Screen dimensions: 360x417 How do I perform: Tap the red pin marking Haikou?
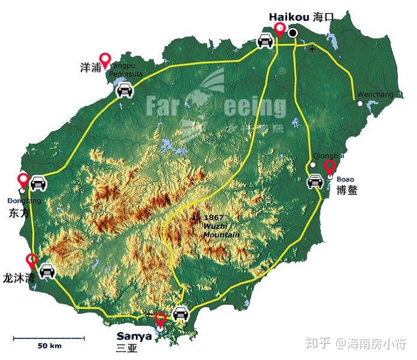279,29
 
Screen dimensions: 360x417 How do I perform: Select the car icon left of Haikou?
264,41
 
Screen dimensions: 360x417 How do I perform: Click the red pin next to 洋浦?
105,60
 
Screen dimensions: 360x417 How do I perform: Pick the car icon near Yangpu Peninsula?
124,91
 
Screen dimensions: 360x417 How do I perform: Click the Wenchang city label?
375,95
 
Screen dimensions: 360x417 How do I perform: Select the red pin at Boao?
330,168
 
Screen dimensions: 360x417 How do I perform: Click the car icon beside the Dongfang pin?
39,183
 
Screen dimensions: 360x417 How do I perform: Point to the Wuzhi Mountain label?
221,231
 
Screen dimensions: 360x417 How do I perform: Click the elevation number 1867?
213,217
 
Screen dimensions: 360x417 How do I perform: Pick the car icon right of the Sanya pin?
180,313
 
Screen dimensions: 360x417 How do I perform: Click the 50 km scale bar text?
50,346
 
